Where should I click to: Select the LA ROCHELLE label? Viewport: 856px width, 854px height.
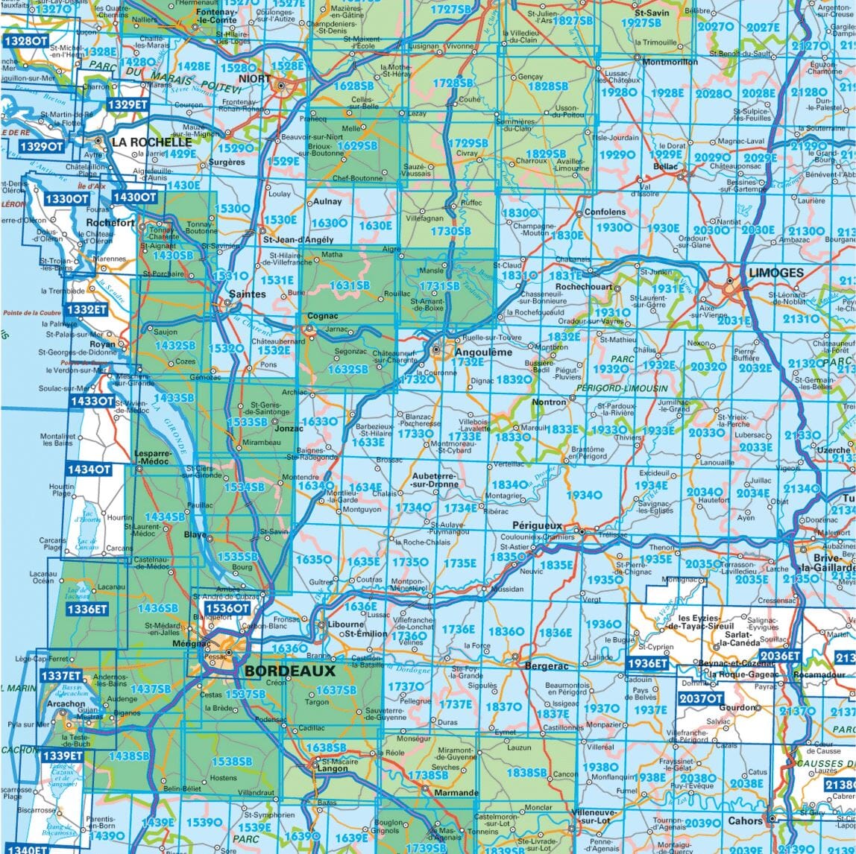point(151,141)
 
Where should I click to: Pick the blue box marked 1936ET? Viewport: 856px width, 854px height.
point(647,663)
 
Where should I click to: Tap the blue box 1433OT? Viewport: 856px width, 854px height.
point(92,401)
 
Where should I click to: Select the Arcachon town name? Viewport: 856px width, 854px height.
point(66,703)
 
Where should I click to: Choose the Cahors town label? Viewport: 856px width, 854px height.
point(745,820)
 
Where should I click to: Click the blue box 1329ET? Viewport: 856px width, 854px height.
point(127,105)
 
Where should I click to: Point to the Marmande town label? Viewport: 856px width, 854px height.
point(453,793)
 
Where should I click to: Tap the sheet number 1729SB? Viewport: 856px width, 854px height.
point(471,143)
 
